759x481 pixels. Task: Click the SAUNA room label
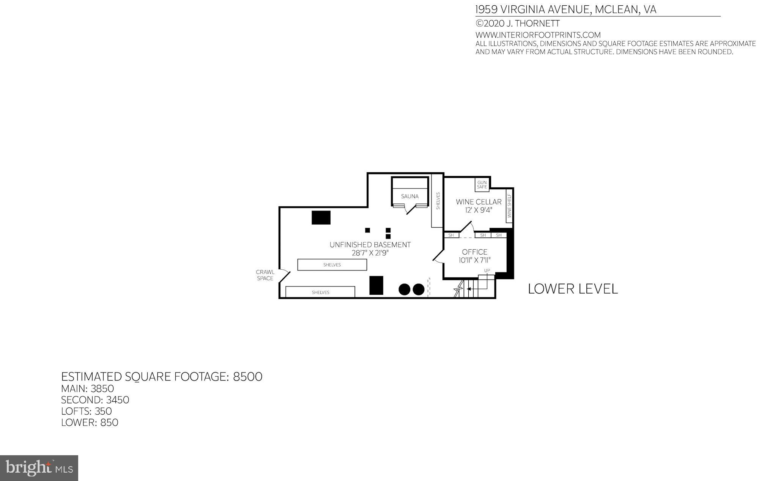(409, 196)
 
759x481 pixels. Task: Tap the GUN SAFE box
(482, 185)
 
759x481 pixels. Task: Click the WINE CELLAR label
(479, 202)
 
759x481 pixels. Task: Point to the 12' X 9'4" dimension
(479, 210)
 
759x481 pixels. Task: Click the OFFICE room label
(474, 252)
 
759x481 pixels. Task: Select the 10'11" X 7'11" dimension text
(474, 260)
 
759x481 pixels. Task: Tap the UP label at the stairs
(487, 270)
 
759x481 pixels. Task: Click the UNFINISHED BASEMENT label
(370, 245)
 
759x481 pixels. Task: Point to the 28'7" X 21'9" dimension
(370, 253)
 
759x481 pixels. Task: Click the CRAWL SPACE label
(265, 275)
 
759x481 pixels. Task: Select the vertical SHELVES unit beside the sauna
(438, 201)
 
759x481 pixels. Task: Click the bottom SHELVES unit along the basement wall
(320, 292)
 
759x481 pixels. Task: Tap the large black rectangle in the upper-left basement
(321, 217)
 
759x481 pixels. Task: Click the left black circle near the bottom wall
(405, 289)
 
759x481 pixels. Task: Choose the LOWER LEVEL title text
(573, 289)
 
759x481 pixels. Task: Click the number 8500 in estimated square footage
(247, 377)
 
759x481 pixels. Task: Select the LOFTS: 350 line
(87, 411)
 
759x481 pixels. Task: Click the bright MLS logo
(39, 468)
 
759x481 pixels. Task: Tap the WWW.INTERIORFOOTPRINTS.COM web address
(538, 35)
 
